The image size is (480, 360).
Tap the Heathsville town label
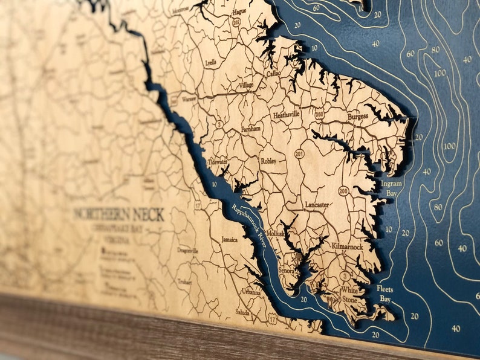[287, 114]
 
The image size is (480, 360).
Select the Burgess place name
[358, 117]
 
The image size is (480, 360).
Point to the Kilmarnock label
[347, 247]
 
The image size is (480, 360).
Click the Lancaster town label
[317, 205]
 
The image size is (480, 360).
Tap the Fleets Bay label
[385, 294]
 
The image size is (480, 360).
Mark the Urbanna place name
[251, 292]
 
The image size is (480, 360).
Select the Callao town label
[274, 72]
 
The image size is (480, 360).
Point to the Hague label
[239, 11]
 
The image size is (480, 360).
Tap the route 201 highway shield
[299, 155]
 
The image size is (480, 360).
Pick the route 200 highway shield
[343, 191]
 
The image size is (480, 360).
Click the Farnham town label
[250, 129]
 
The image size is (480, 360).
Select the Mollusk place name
[275, 233]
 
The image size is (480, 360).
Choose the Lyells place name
[211, 62]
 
